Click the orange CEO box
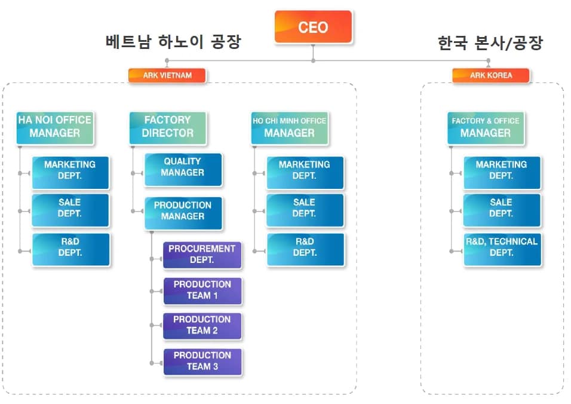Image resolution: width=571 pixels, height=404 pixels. click(x=313, y=27)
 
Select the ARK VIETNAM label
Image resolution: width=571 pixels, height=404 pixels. click(x=167, y=75)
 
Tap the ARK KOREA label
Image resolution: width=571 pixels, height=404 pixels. click(x=490, y=75)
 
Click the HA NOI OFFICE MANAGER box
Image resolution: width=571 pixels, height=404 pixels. click(x=55, y=127)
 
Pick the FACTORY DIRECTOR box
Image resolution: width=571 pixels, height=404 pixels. click(x=168, y=127)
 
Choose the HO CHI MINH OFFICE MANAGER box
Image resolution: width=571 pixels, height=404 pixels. click(x=289, y=127)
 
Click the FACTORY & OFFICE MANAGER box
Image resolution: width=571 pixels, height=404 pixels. click(x=486, y=127)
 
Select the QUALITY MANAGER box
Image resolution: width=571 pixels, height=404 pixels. click(x=183, y=168)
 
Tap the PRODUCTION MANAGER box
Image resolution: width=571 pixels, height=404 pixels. click(x=183, y=212)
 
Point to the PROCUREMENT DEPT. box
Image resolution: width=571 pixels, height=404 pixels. click(x=202, y=255)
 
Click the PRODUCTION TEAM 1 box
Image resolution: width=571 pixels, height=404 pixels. click(x=202, y=290)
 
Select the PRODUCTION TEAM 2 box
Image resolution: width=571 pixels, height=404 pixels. click(x=202, y=326)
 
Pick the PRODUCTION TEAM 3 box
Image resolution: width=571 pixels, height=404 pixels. click(x=202, y=361)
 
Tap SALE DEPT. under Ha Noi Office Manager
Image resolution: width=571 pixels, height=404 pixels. click(x=70, y=209)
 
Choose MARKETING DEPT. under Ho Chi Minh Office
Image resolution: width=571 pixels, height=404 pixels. click(x=305, y=171)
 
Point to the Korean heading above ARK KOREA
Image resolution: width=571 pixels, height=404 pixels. click(x=490, y=43)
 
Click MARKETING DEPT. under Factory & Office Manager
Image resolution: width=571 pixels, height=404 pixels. click(x=502, y=171)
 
